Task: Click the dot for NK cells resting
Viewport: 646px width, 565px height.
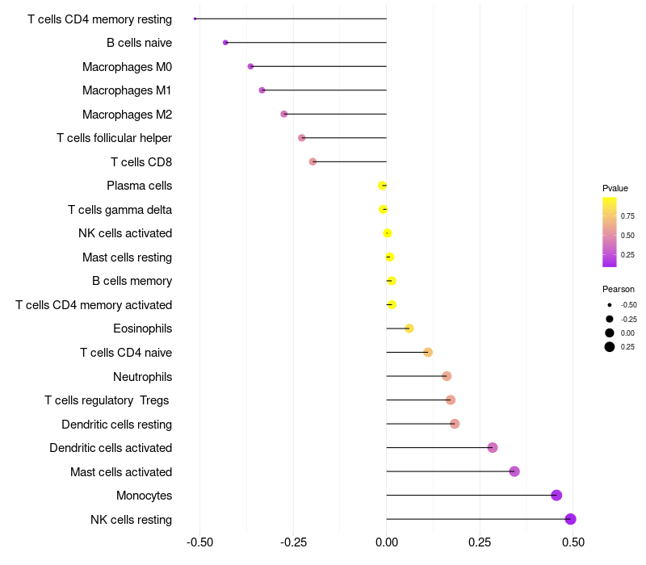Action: [x=570, y=519]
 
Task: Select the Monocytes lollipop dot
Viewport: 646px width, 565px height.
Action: [x=556, y=496]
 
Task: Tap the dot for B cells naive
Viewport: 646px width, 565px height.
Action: [x=225, y=43]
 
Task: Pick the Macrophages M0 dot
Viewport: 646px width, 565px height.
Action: [x=250, y=66]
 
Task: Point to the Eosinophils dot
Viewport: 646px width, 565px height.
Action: [x=409, y=329]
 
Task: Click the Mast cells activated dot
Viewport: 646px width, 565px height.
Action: [x=514, y=471]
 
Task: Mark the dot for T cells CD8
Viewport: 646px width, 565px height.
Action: [x=313, y=161]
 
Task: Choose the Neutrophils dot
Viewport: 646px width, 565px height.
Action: [x=447, y=376]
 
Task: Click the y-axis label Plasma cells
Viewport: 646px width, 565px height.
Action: [x=139, y=186]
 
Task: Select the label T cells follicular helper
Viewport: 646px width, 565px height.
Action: [x=114, y=138]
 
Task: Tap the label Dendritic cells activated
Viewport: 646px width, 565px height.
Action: [x=111, y=448]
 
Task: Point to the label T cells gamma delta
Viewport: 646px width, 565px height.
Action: [x=120, y=210]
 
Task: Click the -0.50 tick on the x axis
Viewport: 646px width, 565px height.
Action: [x=199, y=542]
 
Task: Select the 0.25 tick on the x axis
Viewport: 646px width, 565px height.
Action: [x=480, y=542]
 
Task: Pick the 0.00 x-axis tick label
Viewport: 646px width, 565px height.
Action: [x=387, y=542]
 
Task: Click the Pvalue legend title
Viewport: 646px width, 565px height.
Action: [x=615, y=188]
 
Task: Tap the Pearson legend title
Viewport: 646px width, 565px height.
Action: [x=619, y=289]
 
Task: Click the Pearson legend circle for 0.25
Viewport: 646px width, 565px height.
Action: [x=610, y=347]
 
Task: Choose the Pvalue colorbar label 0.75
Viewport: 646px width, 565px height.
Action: [x=627, y=216]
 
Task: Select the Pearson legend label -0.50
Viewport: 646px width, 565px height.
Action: [x=629, y=305]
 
